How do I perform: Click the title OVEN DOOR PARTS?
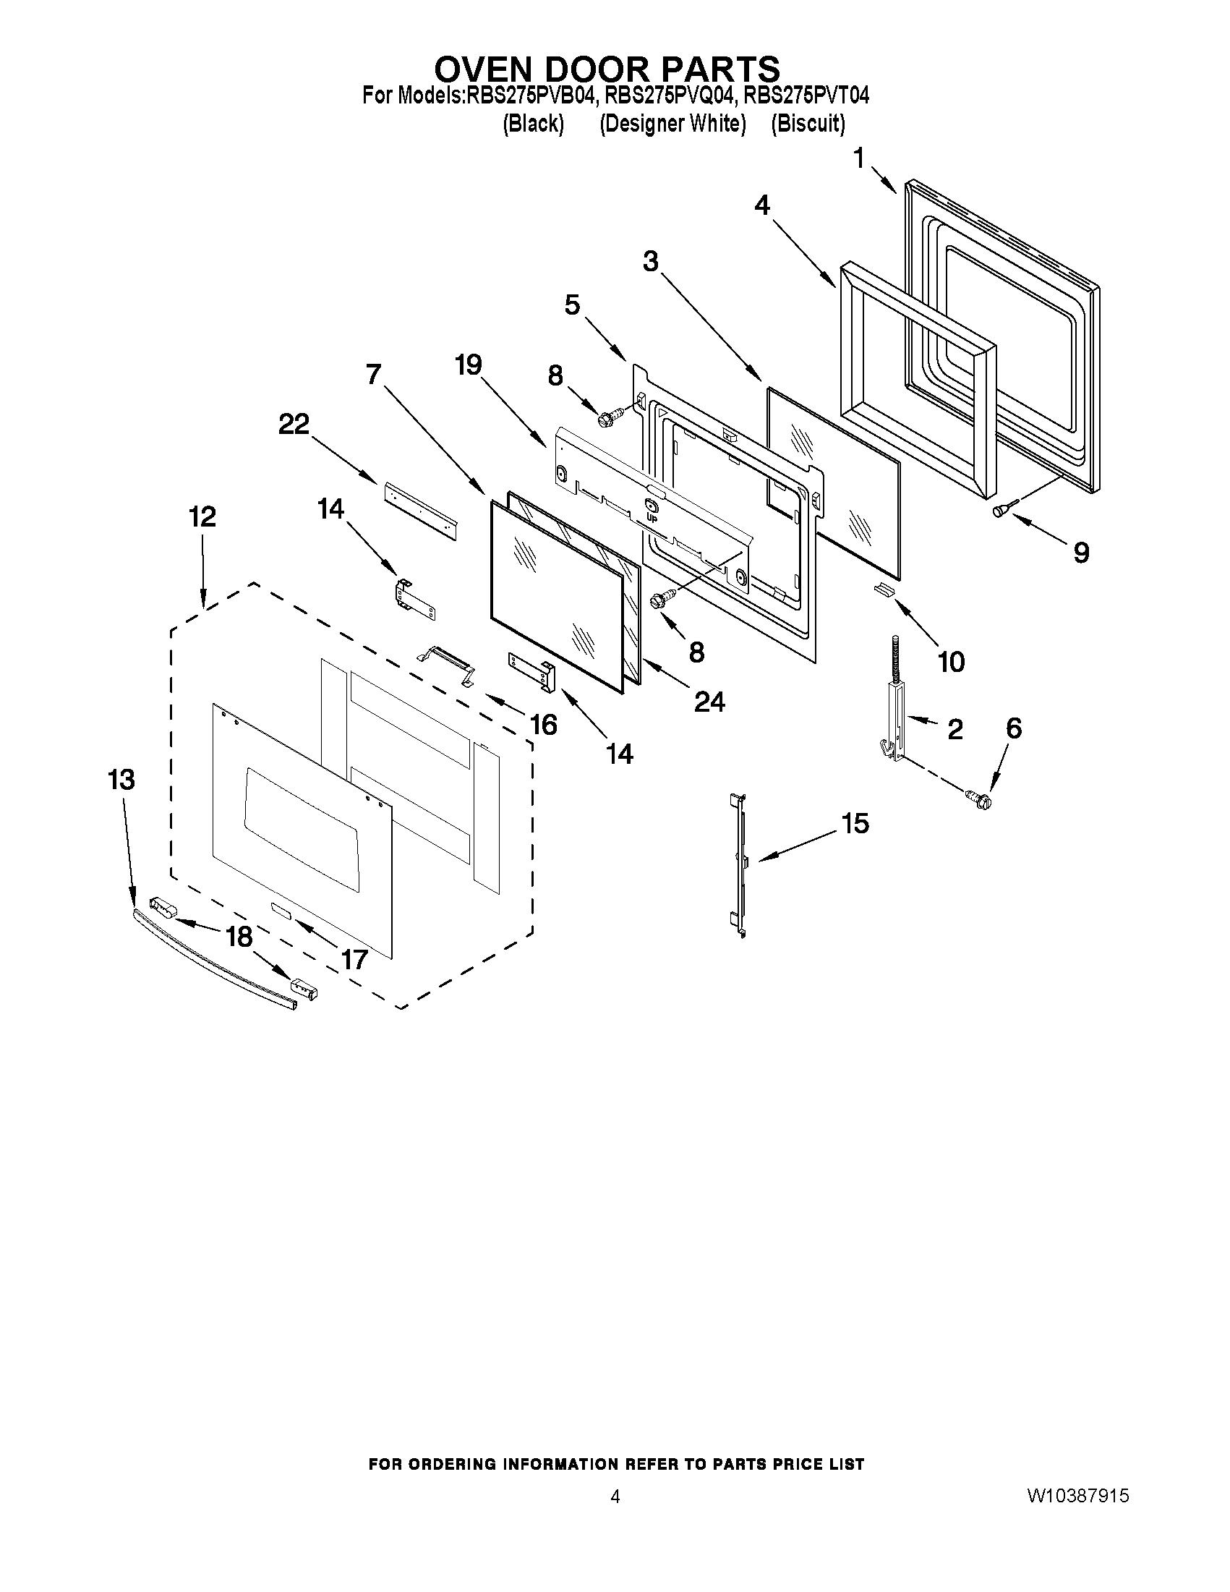pos(606,69)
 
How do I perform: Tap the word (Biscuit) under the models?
pos(808,124)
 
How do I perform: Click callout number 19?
pos(469,365)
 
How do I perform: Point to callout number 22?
pos(294,425)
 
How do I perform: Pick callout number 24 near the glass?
pos(709,701)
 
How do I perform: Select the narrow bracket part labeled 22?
pos(419,510)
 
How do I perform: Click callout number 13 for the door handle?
pos(121,780)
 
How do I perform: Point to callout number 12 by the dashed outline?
pos(202,517)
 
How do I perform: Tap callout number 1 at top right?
pos(859,158)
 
